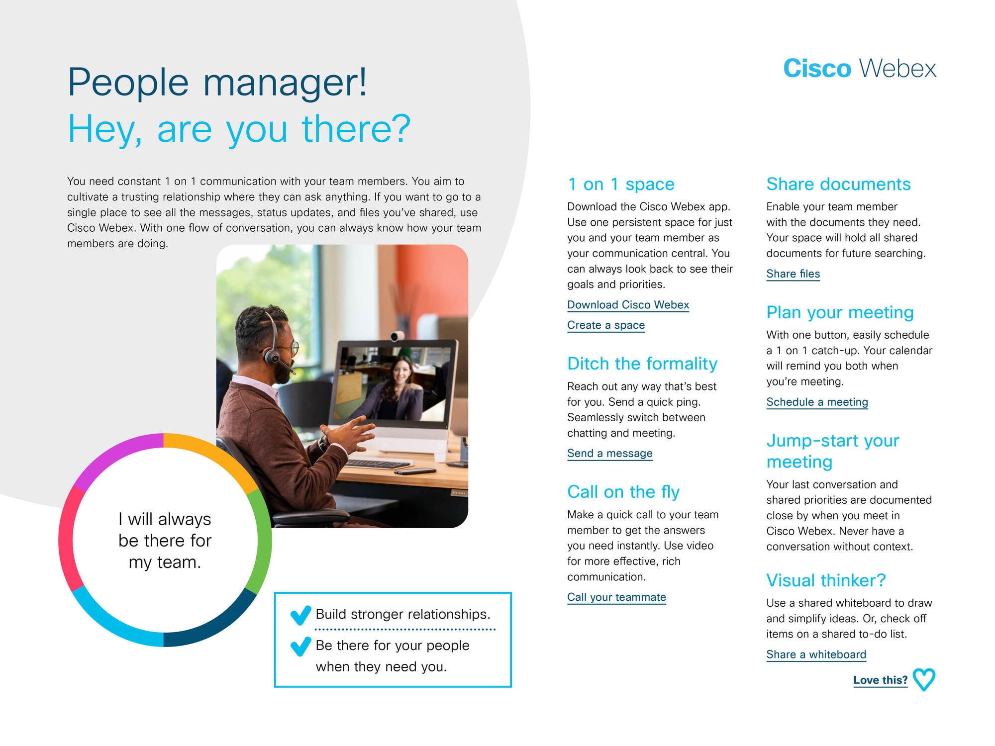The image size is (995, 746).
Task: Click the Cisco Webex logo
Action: [860, 68]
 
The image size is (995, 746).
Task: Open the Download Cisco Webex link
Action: [628, 305]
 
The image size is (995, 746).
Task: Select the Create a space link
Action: [606, 325]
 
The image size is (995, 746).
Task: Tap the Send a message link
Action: [609, 454]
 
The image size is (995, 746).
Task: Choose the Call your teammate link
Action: [616, 597]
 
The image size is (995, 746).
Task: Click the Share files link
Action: [793, 274]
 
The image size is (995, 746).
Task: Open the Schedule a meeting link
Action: [817, 402]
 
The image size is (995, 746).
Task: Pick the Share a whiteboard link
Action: [816, 655]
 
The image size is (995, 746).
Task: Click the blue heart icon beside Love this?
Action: [924, 680]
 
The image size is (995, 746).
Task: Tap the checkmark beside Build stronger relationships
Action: [300, 615]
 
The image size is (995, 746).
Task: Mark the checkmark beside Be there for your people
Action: [300, 646]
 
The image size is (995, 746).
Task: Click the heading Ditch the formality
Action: [642, 364]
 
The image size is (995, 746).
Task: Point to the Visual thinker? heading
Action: [826, 580]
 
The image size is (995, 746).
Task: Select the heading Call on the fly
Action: [623, 492]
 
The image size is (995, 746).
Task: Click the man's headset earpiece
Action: [272, 356]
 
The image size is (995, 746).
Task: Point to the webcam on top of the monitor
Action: [397, 337]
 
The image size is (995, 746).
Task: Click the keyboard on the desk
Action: [378, 464]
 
